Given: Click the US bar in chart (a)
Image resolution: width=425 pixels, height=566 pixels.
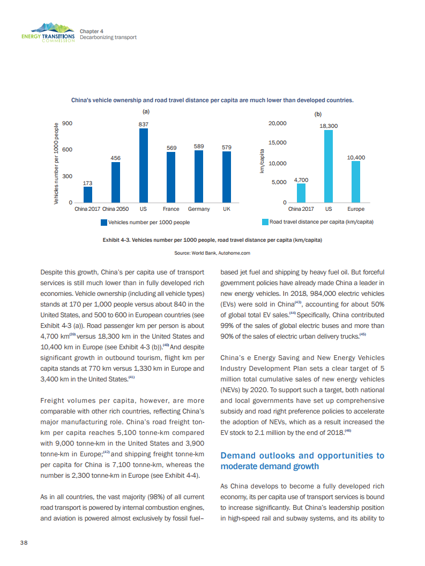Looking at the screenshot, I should [x=144, y=165].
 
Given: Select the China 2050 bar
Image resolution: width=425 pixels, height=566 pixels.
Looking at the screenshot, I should [x=115, y=182].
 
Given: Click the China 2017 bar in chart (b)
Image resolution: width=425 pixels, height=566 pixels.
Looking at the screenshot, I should [x=301, y=193].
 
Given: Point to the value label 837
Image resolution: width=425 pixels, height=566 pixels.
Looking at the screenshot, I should [x=143, y=124].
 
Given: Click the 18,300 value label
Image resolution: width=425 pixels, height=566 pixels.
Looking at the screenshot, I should [x=329, y=126].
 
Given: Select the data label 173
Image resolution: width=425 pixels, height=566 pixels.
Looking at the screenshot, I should [x=88, y=183].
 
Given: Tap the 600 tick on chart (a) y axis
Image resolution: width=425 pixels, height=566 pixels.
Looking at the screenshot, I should [x=68, y=150].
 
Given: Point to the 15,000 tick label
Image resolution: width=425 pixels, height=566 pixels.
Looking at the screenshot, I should [x=277, y=143].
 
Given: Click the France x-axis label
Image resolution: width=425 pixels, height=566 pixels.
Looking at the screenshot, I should [x=171, y=209].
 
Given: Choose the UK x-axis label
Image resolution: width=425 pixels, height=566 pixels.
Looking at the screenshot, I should [x=227, y=209].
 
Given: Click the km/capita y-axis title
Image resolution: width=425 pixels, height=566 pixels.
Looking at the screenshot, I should [x=263, y=160].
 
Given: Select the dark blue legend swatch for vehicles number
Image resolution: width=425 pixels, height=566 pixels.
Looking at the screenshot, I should [x=104, y=222].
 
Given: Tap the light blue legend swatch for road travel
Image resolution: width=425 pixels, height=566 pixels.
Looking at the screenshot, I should [x=265, y=221].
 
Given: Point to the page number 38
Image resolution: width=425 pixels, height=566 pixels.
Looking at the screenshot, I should [x=24, y=542].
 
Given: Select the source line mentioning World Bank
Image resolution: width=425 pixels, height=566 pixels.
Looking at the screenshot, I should [x=212, y=253].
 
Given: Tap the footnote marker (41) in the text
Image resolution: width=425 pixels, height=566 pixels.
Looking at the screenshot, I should [x=131, y=378].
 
